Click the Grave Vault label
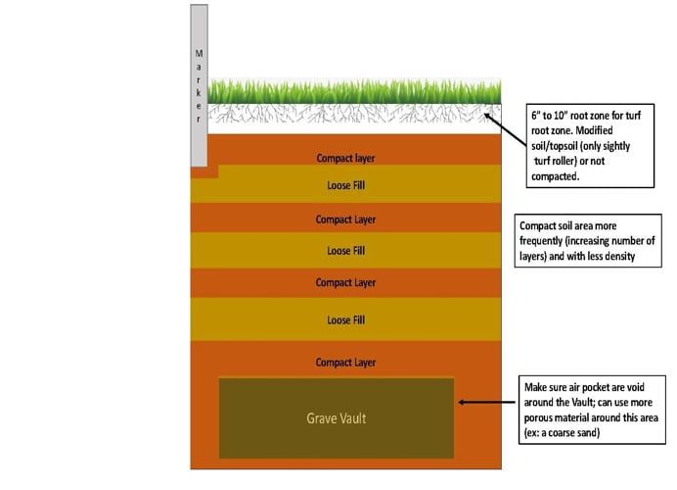click(x=337, y=418)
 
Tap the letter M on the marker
click(x=199, y=53)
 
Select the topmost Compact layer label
click(x=345, y=158)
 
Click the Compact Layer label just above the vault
click(x=345, y=363)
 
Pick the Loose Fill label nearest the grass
click(x=345, y=184)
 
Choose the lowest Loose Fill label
click(x=345, y=319)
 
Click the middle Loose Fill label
click(x=345, y=251)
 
